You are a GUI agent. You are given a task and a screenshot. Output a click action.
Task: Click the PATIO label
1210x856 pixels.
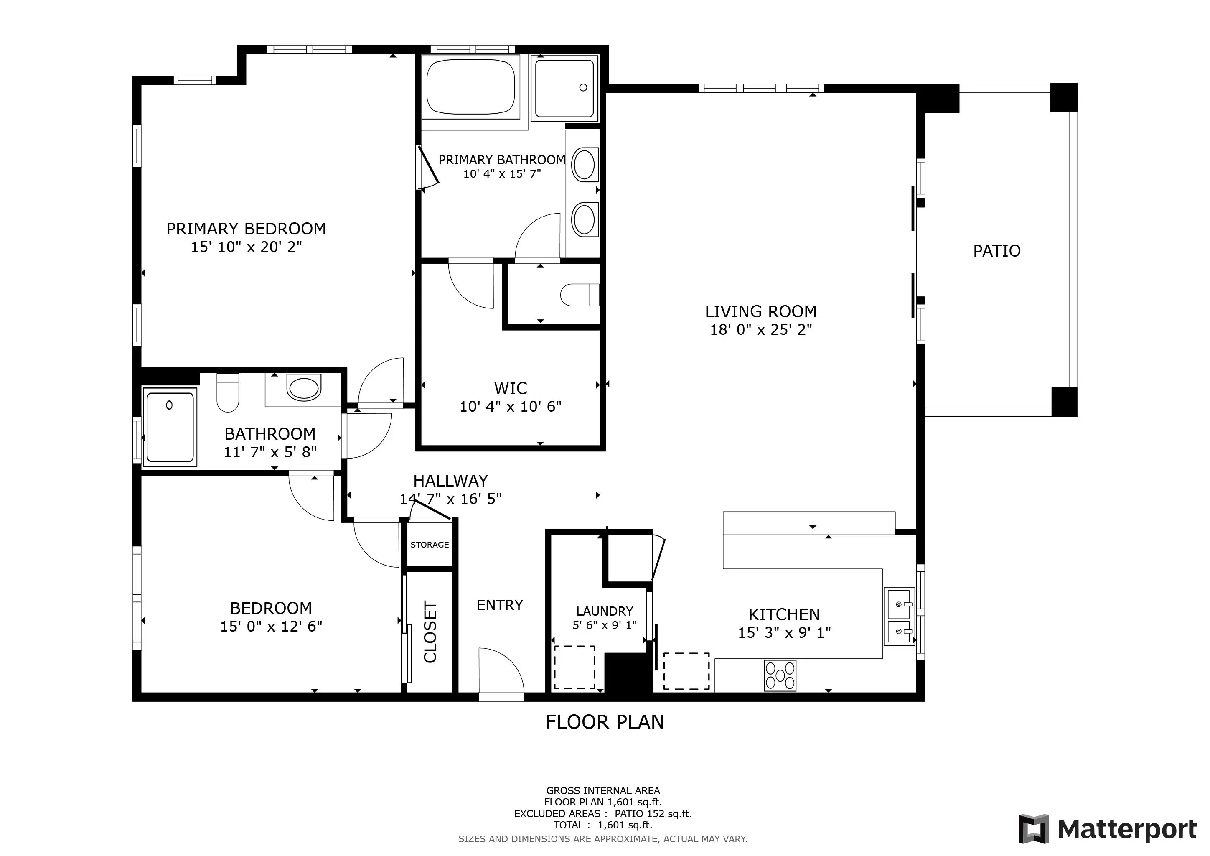(996, 251)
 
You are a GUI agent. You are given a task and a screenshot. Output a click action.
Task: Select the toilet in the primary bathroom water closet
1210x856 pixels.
(580, 295)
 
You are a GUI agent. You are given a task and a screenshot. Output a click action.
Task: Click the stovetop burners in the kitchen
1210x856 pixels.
(780, 675)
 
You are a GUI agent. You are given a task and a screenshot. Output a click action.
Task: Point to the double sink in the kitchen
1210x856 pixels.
(900, 617)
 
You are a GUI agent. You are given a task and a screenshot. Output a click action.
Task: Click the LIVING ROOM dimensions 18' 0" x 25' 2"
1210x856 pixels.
(761, 330)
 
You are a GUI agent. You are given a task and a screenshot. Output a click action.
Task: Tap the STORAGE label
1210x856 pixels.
(430, 545)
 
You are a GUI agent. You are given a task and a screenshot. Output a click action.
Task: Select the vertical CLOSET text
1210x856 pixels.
(430, 632)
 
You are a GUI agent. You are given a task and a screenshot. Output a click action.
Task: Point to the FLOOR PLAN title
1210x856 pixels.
(605, 722)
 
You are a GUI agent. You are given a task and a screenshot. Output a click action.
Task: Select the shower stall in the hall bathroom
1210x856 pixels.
(170, 428)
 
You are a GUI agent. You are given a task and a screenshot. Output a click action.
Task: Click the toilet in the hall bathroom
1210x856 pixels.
(228, 393)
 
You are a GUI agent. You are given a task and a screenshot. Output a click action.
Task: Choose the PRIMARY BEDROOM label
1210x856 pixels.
(246, 229)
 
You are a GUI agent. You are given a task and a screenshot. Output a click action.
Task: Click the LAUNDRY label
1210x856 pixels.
(605, 611)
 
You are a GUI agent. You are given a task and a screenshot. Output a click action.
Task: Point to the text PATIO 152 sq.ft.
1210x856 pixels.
(653, 814)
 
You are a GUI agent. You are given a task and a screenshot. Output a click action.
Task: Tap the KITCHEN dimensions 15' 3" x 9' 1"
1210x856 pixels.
(784, 632)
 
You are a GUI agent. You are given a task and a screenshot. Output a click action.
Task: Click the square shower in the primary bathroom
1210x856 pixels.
(565, 88)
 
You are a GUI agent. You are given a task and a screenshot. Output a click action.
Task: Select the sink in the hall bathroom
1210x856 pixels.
(304, 388)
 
